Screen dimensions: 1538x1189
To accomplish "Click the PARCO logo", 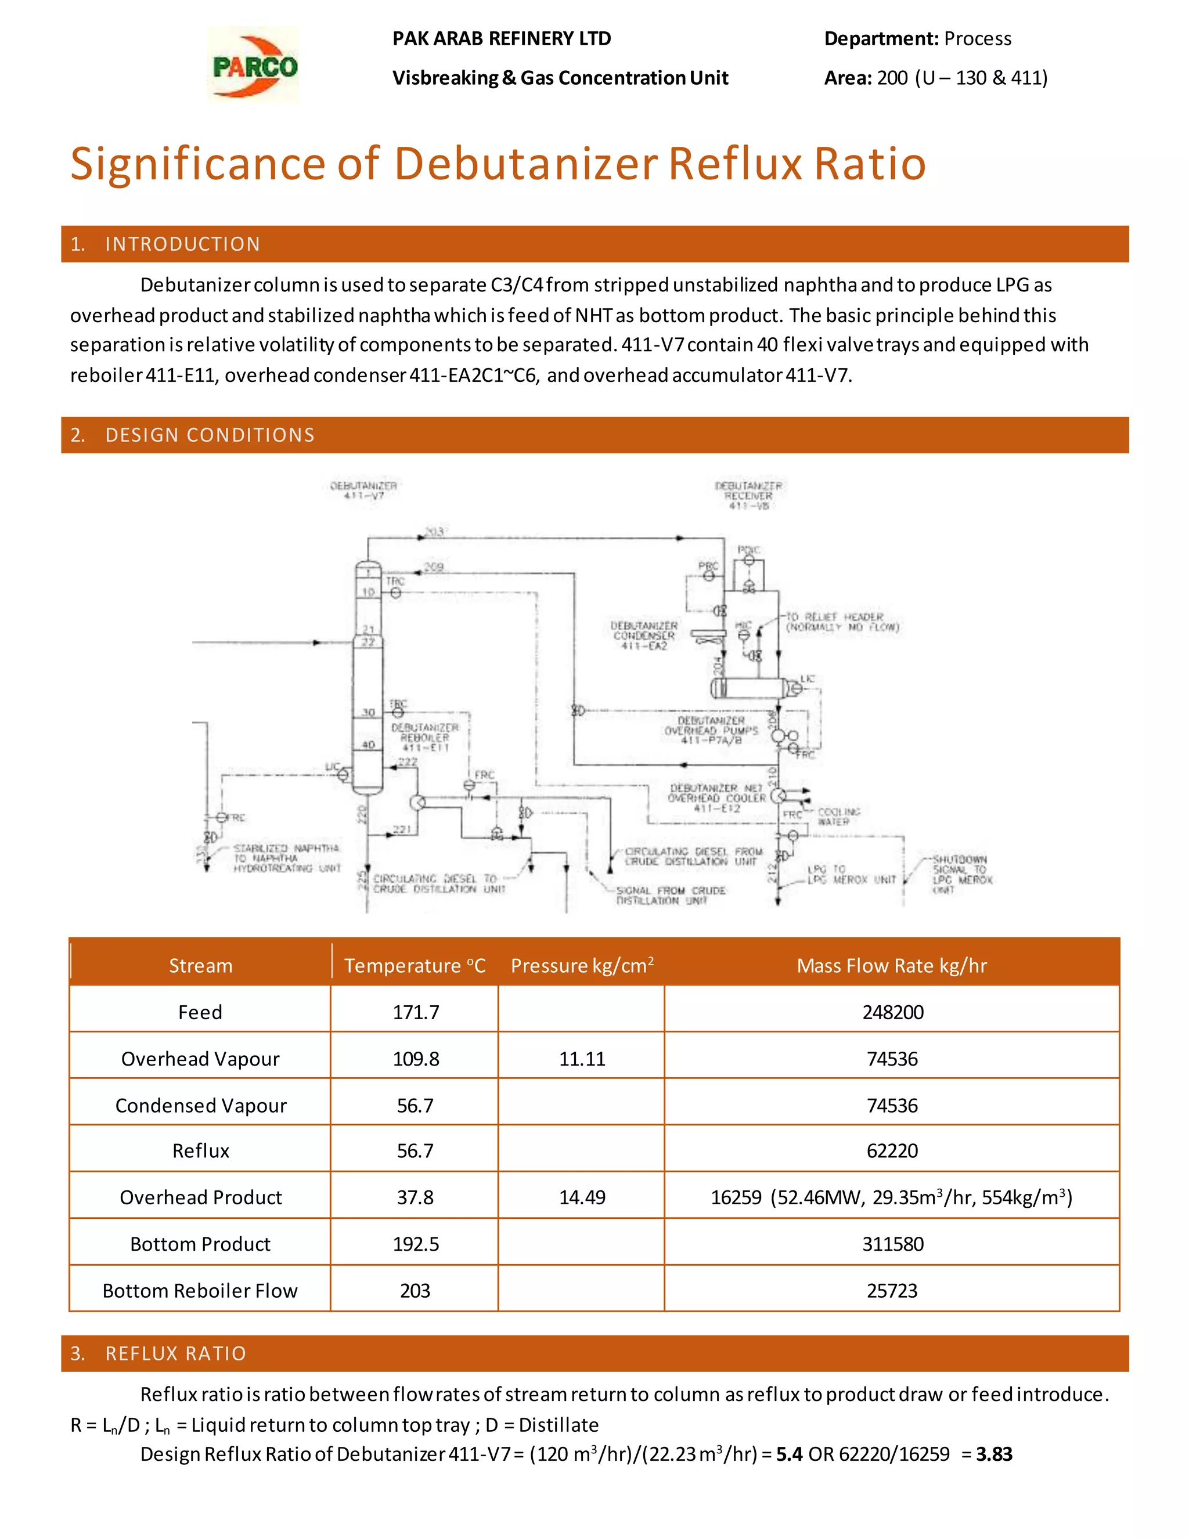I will [x=254, y=66].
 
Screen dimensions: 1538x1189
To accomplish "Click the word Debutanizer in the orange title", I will [x=525, y=164].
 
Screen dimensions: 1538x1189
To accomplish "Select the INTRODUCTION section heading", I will [x=182, y=244].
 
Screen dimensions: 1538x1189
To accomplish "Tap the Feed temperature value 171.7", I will [x=416, y=1012].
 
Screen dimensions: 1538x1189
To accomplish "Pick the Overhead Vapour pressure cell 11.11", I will [x=582, y=1059].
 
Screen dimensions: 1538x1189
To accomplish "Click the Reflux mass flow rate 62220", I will [x=892, y=1151].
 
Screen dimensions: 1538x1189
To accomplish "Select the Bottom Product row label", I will [x=200, y=1244].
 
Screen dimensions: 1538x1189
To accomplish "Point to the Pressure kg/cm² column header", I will [x=582, y=965].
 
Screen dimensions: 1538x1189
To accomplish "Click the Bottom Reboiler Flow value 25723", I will [x=892, y=1290].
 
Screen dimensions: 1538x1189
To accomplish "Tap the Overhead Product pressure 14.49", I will [x=582, y=1197].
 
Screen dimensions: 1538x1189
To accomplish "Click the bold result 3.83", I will [x=994, y=1454].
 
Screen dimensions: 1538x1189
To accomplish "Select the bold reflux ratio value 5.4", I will [x=789, y=1454].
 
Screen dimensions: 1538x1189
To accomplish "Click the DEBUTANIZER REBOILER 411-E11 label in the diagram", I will [x=425, y=737].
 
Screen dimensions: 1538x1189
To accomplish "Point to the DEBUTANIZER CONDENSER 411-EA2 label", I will [x=644, y=635].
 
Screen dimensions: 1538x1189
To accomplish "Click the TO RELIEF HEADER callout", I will [x=842, y=622].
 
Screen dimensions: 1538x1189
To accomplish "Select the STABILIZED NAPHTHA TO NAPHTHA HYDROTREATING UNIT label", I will [x=287, y=858].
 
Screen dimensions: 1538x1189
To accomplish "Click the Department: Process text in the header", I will [x=917, y=39].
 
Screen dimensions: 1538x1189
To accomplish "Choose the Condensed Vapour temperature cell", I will [x=415, y=1105].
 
